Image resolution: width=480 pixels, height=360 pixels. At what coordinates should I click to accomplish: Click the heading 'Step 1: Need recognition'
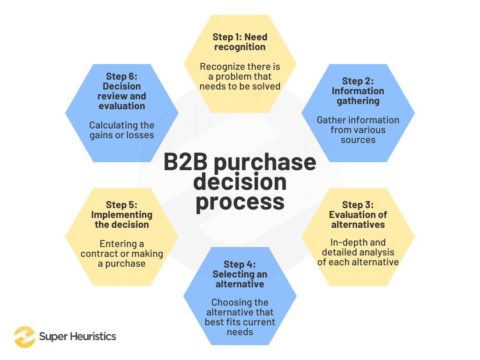[x=240, y=42]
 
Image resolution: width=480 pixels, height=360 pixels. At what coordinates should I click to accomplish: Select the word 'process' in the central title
[x=240, y=202]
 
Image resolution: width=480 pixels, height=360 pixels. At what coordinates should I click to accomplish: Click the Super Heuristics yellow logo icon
[x=24, y=337]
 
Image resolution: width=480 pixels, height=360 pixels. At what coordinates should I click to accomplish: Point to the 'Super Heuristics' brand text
[x=77, y=337]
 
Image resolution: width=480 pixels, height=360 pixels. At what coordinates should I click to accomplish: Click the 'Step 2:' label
[x=358, y=81]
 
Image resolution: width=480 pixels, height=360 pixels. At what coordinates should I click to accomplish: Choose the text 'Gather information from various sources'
[x=358, y=130]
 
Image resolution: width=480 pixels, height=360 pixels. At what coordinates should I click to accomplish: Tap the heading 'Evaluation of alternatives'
[x=358, y=219]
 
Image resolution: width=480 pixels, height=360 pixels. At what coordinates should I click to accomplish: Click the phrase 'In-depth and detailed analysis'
[x=358, y=247]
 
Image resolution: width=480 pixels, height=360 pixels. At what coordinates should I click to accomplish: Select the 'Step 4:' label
[x=240, y=264]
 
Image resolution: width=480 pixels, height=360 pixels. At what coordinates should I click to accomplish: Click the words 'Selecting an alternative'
[x=240, y=279]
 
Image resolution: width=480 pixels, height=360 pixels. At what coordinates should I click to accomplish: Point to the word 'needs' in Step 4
[x=240, y=332]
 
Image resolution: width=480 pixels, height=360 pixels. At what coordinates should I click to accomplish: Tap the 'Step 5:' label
[x=121, y=205]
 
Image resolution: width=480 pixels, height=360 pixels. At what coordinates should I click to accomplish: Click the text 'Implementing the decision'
[x=121, y=219]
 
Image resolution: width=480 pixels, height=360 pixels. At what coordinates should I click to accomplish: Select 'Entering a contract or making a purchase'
[x=121, y=254]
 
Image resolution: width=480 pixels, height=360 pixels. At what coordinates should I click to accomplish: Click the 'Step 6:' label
[x=121, y=76]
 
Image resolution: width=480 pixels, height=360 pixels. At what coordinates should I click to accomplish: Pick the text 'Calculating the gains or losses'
[x=121, y=130]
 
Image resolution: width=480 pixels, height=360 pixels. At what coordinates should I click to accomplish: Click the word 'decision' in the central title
[x=240, y=182]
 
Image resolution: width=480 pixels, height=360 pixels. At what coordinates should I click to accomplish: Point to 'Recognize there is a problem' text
[x=240, y=71]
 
